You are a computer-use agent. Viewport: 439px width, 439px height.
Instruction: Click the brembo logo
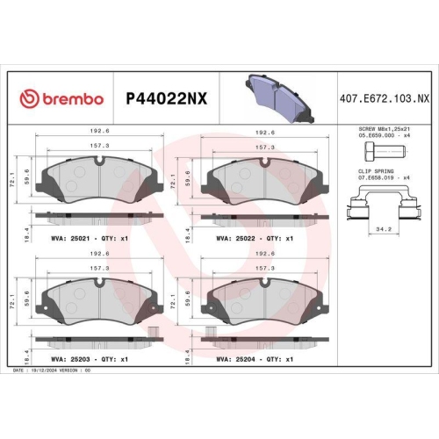coord(61,98)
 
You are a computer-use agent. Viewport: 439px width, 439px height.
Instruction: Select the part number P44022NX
coord(167,98)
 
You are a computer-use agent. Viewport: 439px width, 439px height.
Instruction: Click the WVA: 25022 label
coord(237,238)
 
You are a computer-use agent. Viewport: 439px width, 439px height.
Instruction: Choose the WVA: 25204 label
coord(237,359)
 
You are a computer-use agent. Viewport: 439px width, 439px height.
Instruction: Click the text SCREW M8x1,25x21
coord(383,129)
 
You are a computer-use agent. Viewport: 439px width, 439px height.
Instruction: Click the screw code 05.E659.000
coord(374,136)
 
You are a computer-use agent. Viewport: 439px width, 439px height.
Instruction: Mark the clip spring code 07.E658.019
coord(374,178)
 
